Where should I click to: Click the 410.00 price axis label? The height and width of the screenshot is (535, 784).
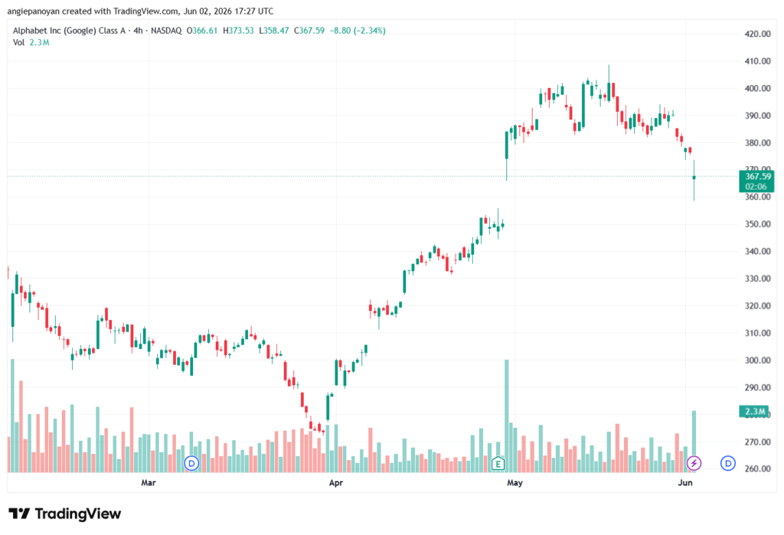click(757, 61)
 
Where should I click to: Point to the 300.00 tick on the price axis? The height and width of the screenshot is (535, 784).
click(757, 360)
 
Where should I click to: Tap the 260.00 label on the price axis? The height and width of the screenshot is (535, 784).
click(757, 469)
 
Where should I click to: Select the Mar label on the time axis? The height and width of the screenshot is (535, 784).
click(149, 482)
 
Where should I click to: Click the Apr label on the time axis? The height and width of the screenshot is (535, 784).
click(336, 482)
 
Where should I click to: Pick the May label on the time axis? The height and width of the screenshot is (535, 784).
click(514, 482)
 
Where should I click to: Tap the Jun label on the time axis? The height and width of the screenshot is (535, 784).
click(685, 482)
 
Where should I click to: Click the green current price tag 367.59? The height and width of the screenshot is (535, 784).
click(756, 181)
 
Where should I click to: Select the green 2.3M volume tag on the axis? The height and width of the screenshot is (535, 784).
click(753, 412)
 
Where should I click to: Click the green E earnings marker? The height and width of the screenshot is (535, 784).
click(498, 464)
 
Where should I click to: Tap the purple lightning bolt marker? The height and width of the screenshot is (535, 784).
click(694, 463)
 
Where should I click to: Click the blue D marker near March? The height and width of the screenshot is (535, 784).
click(191, 463)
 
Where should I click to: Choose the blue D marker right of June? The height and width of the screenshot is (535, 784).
click(727, 463)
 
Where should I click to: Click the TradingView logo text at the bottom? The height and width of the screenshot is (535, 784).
click(65, 514)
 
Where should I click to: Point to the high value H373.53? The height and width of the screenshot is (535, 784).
click(238, 31)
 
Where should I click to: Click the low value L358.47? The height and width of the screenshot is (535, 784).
click(273, 31)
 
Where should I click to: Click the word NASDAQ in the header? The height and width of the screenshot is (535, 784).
click(166, 31)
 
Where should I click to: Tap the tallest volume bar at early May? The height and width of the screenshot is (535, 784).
click(507, 416)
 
